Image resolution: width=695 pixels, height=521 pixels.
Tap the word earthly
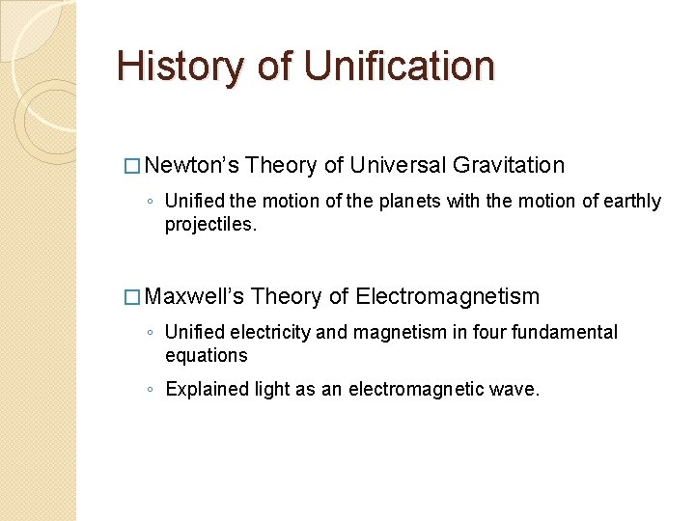631,202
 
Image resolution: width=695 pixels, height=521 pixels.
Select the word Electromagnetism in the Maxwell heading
447,296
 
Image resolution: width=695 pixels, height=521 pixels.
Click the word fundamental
557,332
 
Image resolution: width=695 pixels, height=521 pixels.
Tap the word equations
207,355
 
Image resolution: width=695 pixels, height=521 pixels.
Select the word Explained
206,390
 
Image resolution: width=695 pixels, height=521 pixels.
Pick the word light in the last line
273,390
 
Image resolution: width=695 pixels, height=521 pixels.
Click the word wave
517,390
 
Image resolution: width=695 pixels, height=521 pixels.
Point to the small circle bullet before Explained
151,391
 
